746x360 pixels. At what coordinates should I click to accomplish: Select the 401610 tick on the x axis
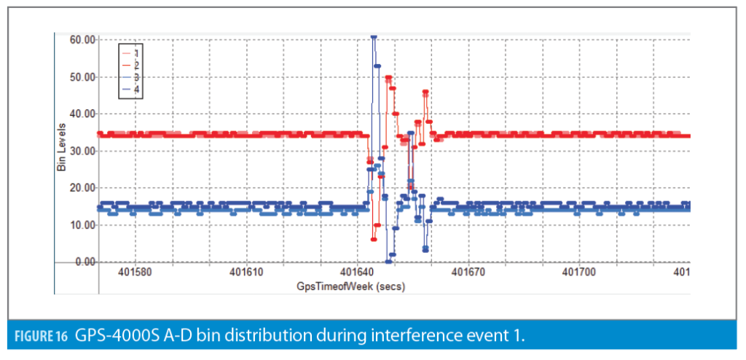pos(246,273)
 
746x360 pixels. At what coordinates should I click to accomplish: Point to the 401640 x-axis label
pos(356,273)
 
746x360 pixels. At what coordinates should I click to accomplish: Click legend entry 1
pos(136,54)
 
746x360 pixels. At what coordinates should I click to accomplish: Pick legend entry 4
pos(136,88)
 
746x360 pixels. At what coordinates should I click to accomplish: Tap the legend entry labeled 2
pos(136,66)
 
